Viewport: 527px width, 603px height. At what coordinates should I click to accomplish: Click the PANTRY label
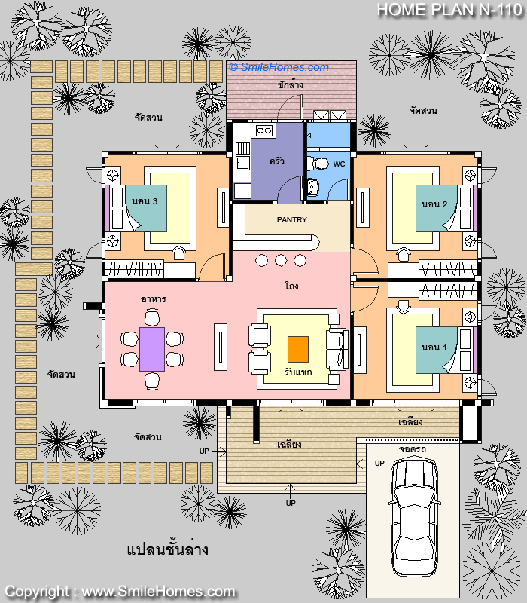point(292,219)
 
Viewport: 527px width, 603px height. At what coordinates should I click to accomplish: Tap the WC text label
point(339,164)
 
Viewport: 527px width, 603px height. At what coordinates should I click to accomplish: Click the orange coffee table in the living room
point(298,349)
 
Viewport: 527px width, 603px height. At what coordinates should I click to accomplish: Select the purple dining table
point(152,349)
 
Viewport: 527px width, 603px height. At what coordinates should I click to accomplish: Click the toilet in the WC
point(318,164)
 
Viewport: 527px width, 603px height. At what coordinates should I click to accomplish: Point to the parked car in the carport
point(414,517)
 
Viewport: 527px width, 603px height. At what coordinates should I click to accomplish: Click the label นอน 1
point(434,347)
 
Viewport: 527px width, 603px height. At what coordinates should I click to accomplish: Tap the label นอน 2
point(434,204)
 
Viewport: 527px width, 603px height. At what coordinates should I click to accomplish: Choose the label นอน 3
point(145,201)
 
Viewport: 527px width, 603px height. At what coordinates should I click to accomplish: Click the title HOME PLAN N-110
point(449,10)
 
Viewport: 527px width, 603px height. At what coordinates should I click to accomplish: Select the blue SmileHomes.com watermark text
point(279,67)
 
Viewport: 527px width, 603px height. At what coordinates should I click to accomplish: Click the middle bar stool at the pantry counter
point(281,260)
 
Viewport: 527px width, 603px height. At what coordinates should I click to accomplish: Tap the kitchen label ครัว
point(276,161)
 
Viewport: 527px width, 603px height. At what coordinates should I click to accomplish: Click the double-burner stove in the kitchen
point(264,130)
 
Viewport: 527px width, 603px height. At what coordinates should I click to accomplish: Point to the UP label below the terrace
point(291,503)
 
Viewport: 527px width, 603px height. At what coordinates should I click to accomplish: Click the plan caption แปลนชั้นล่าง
point(167,549)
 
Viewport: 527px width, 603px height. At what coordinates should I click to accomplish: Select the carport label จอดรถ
point(412,448)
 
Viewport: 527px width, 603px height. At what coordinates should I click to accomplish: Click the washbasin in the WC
point(313,187)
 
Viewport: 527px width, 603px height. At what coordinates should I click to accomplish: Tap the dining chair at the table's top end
point(152,318)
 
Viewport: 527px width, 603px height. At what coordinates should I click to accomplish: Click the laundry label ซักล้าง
point(291,84)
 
